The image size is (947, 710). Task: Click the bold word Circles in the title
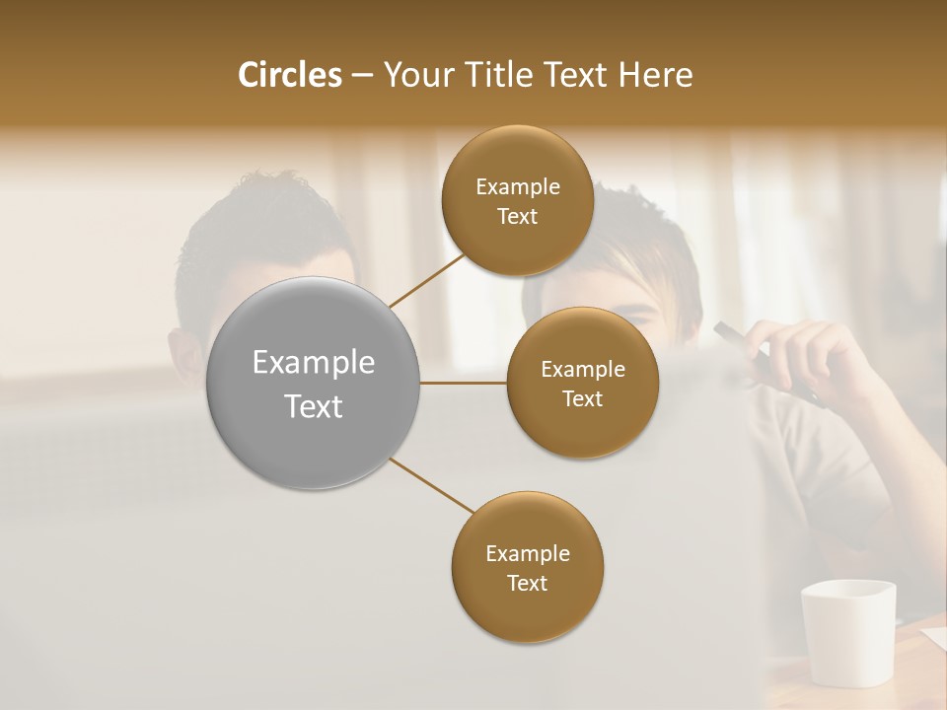pos(289,75)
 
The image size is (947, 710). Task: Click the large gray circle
pos(314,384)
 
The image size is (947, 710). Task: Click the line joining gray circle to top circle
pos(426,280)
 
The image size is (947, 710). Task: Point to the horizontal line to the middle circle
pos(464,383)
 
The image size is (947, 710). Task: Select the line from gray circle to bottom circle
pos(431,485)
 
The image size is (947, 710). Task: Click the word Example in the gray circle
pos(314,363)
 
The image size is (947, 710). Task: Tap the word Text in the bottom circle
pos(527,583)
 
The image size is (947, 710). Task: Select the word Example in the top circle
pos(517,186)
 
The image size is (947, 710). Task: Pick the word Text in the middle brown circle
pos(582,398)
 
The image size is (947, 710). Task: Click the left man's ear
pos(182,355)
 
